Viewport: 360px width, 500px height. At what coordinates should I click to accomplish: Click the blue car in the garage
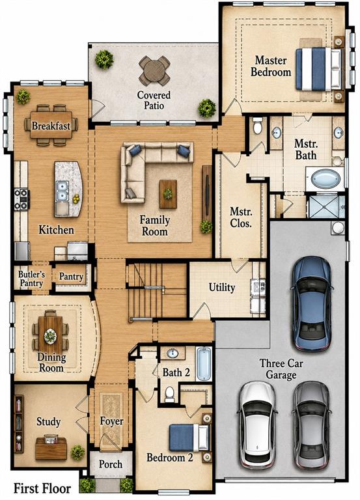pyautogui.click(x=312, y=303)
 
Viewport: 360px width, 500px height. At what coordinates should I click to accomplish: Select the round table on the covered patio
pyautogui.click(x=154, y=71)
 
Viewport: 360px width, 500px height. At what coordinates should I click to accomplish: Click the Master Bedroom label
pyautogui.click(x=271, y=66)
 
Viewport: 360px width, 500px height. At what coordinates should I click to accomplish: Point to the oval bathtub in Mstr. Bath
pyautogui.click(x=325, y=179)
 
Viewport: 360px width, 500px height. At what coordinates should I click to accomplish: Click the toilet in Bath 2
pyautogui.click(x=170, y=394)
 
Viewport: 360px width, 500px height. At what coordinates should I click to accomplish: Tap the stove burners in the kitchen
pyautogui.click(x=21, y=200)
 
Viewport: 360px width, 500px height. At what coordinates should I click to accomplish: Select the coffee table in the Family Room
pyautogui.click(x=168, y=194)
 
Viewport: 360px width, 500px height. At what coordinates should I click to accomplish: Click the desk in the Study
pyautogui.click(x=51, y=448)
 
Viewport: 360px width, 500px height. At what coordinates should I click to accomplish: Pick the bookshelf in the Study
pyautogui.click(x=19, y=424)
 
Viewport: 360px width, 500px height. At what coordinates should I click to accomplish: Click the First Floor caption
pyautogui.click(x=42, y=488)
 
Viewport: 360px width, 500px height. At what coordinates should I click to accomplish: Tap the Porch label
pyautogui.click(x=110, y=464)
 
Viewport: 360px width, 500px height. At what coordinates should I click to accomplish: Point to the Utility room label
pyautogui.click(x=222, y=287)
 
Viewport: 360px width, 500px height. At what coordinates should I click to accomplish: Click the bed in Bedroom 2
pyautogui.click(x=189, y=437)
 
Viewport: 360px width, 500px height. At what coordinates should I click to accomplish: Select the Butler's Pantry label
pyautogui.click(x=31, y=279)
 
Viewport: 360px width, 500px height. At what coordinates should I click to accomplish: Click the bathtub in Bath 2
pyautogui.click(x=204, y=364)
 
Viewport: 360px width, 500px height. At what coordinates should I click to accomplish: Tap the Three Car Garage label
pyautogui.click(x=281, y=369)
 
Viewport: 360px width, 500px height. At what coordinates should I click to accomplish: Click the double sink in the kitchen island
pyautogui.click(x=62, y=191)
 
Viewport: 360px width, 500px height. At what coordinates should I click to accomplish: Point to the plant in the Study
pyautogui.click(x=78, y=452)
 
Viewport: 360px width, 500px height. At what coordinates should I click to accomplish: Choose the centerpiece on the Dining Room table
pyautogui.click(x=50, y=336)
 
